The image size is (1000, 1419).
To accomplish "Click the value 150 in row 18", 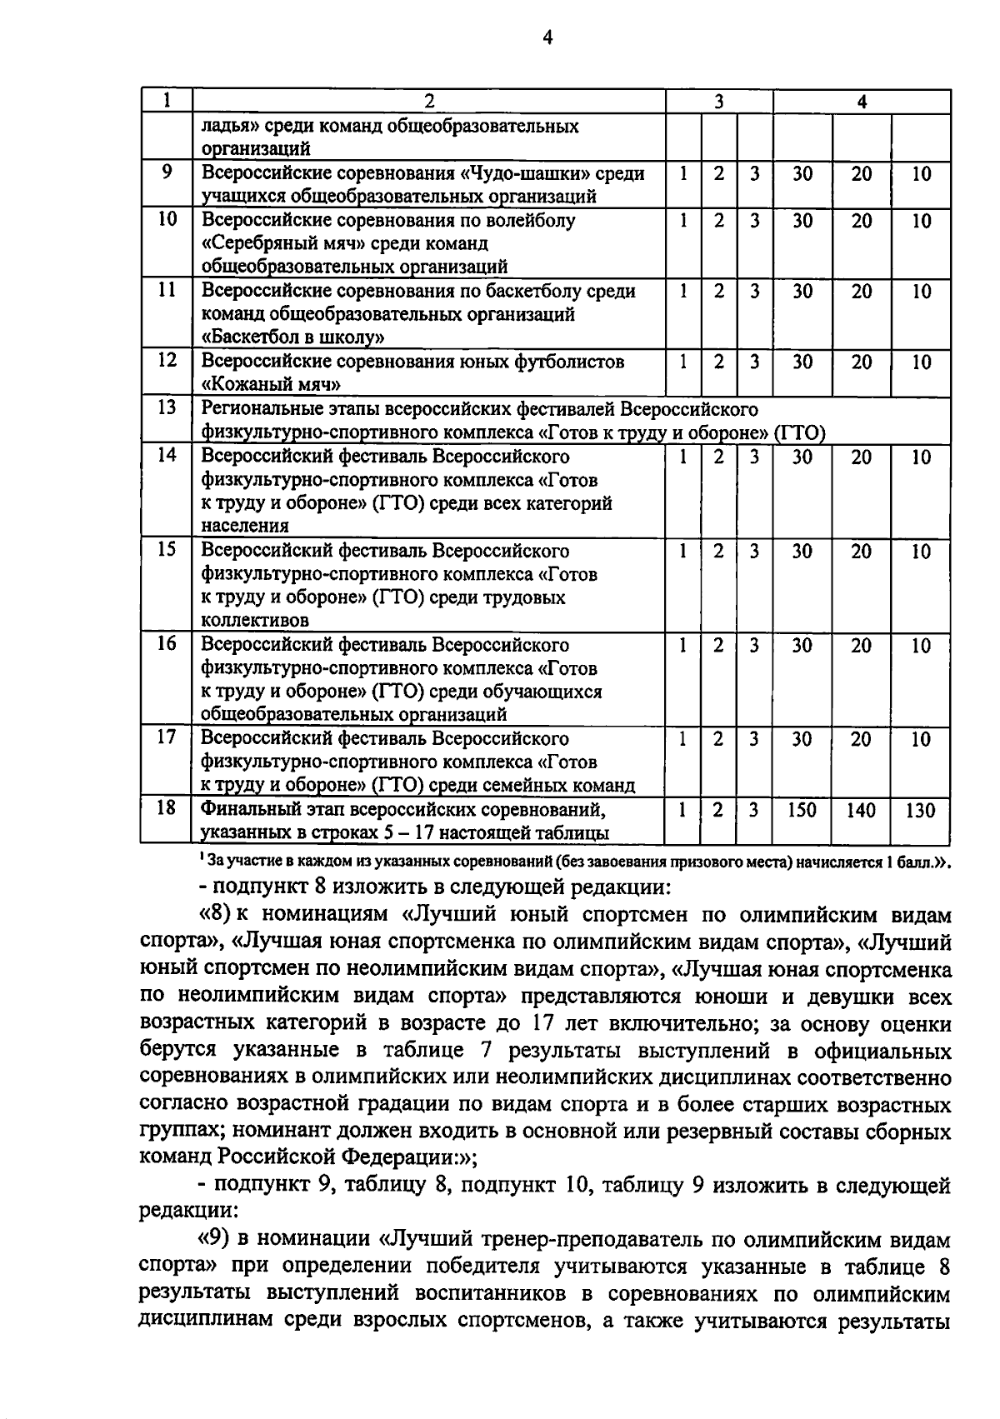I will point(802,810).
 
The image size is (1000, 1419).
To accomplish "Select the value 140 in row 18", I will point(861,810).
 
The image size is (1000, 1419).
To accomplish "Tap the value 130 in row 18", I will point(920,810).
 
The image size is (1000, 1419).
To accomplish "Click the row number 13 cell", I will point(167,408).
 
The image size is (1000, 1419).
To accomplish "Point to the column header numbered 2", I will point(429,102).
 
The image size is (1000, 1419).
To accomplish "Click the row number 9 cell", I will point(167,173).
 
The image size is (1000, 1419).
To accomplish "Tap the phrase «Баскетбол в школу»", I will point(292,337).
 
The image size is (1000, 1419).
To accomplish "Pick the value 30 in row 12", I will point(802,362).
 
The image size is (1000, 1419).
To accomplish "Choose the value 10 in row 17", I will point(920,739).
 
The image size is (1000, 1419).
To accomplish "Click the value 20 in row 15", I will point(861,551).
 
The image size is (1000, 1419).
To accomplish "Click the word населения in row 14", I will point(245,527).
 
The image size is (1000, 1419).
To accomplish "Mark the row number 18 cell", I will point(167,807).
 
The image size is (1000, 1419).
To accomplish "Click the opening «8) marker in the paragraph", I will point(215,914).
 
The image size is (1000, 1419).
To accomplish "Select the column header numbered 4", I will point(862,102).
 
